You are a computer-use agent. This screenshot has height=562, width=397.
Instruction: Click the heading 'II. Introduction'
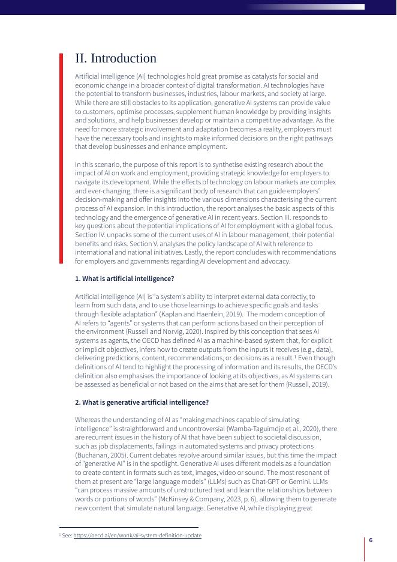pyautogui.click(x=115, y=58)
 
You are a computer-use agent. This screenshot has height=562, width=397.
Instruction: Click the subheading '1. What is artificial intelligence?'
pyautogui.click(x=124, y=279)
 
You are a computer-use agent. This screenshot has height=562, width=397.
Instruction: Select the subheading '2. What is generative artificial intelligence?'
pyautogui.click(x=142, y=402)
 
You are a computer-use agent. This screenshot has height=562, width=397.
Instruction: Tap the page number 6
pyautogui.click(x=371, y=540)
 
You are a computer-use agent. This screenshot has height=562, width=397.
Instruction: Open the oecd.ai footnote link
pyautogui.click(x=137, y=535)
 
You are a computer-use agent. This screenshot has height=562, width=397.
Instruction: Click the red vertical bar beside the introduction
pyautogui.click(x=61, y=159)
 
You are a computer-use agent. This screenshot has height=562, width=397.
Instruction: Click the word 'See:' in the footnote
pyautogui.click(x=67, y=535)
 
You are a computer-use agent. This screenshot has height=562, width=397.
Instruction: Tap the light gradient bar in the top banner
pyautogui.click(x=306, y=7)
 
